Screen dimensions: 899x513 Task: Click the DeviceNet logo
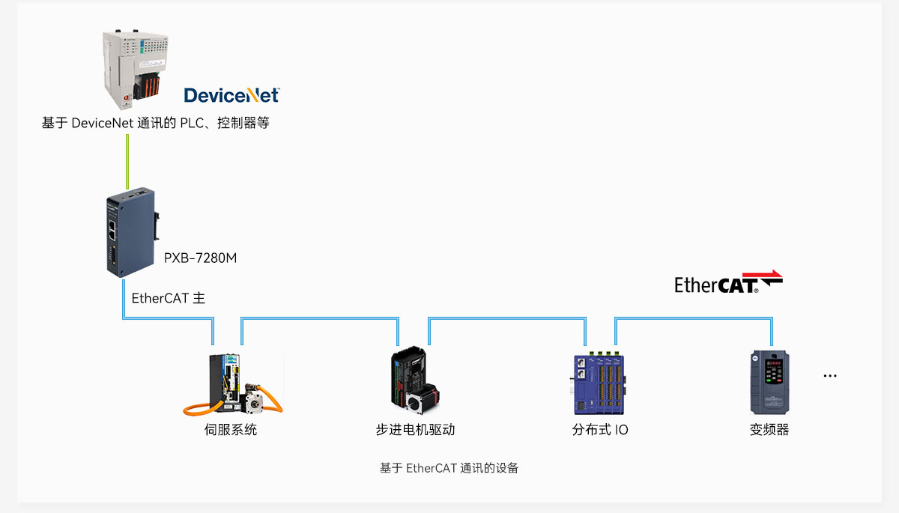pyautogui.click(x=231, y=95)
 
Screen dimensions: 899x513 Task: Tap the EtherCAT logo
pyautogui.click(x=728, y=282)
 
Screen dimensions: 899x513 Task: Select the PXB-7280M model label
pyautogui.click(x=200, y=258)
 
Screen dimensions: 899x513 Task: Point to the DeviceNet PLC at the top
pyautogui.click(x=136, y=70)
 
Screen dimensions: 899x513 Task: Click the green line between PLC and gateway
pyautogui.click(x=127, y=162)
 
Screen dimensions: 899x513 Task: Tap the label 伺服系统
pyautogui.click(x=231, y=430)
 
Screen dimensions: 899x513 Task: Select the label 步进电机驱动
pyautogui.click(x=415, y=430)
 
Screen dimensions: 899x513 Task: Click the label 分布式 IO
pyautogui.click(x=600, y=430)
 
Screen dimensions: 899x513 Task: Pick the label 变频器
pyautogui.click(x=769, y=430)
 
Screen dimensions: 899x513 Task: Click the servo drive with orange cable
pyautogui.click(x=233, y=384)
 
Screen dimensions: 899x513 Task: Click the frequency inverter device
pyautogui.click(x=769, y=382)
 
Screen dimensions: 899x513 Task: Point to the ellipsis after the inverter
pyautogui.click(x=830, y=376)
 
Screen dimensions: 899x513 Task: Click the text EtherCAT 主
pyautogui.click(x=168, y=298)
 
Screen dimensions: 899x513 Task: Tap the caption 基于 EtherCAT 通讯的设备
pyautogui.click(x=449, y=468)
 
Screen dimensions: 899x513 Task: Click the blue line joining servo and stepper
pyautogui.click(x=320, y=318)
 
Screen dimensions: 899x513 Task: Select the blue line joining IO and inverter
pyautogui.click(x=694, y=318)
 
